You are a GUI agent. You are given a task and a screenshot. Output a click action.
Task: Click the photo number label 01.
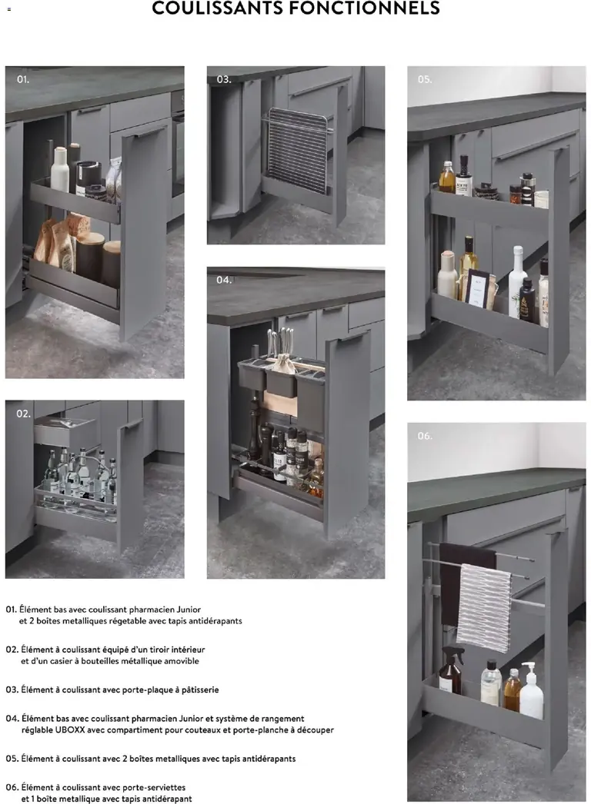tap(23, 79)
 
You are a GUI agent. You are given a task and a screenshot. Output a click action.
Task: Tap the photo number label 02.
tap(24, 414)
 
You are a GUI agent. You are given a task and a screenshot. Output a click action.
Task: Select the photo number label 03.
tap(224, 79)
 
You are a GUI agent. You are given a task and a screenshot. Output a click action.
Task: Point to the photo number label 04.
tap(224, 280)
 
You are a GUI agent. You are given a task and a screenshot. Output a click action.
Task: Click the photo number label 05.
tap(425, 79)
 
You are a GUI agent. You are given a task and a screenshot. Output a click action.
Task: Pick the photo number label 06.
tap(425, 436)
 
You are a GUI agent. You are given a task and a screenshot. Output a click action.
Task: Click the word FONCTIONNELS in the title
tap(369, 8)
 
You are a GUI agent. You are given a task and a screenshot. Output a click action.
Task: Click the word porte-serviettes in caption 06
tap(154, 787)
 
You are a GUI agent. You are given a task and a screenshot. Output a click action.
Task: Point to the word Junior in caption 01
tap(189, 610)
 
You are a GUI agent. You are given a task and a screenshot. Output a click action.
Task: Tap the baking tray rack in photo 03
tap(296, 150)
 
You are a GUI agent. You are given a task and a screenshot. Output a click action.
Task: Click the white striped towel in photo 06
tap(483, 608)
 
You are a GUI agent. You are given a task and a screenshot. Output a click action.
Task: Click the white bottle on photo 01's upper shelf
tap(60, 170)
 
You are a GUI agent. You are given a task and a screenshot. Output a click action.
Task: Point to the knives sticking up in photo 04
tap(280, 344)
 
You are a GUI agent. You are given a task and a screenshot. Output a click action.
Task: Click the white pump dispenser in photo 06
tap(532, 691)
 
